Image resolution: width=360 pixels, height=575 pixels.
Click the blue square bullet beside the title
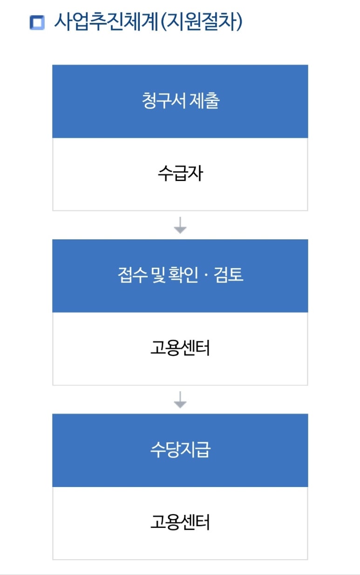(37, 23)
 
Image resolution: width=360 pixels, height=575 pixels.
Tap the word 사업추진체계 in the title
(106, 22)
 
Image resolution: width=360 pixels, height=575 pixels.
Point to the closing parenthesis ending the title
(239, 22)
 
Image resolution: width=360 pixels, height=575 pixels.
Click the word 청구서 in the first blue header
(163, 101)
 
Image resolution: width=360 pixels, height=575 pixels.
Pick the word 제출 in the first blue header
(204, 101)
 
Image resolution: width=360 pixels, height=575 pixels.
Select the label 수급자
(180, 173)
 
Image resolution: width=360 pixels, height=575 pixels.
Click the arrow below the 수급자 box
(180, 225)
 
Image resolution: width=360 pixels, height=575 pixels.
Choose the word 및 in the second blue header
(158, 275)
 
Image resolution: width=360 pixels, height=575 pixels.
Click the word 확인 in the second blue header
(183, 275)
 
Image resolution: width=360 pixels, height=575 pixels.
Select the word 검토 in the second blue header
(229, 275)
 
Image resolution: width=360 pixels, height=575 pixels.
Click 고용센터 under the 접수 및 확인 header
(180, 348)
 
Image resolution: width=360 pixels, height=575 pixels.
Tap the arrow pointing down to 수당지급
(180, 399)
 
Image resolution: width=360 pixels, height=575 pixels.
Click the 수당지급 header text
(180, 450)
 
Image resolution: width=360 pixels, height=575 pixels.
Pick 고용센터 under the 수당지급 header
(180, 522)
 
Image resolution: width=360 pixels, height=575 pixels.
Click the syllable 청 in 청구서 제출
(149, 101)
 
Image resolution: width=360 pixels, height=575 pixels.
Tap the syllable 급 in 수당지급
(204, 450)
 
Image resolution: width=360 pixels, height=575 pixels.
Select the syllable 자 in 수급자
(196, 173)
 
